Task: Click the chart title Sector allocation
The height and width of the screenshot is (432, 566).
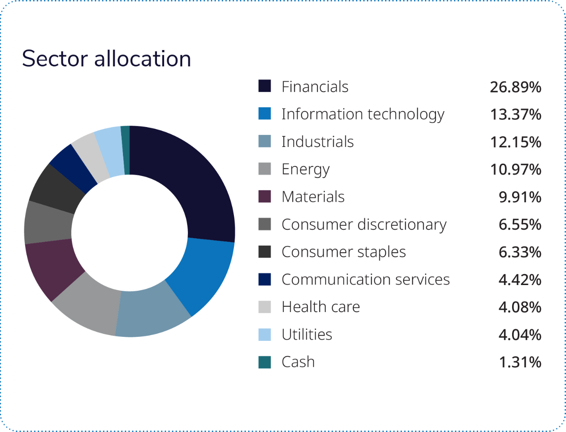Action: click(x=106, y=59)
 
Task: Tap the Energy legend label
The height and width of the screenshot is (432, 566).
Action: click(x=306, y=170)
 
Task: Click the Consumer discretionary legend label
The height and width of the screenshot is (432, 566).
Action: click(x=364, y=224)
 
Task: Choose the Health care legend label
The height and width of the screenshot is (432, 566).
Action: click(x=321, y=307)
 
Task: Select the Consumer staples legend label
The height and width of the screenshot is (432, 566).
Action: click(x=344, y=252)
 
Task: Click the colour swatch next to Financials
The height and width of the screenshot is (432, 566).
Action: click(x=264, y=86)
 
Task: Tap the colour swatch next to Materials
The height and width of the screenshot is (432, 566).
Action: click(x=264, y=197)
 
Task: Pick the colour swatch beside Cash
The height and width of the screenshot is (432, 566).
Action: click(x=264, y=362)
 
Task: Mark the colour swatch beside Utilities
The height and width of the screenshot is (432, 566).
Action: click(x=264, y=334)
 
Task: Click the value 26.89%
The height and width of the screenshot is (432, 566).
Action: click(x=515, y=87)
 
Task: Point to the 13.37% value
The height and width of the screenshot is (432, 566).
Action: click(x=515, y=115)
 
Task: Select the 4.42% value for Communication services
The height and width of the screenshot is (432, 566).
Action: click(x=520, y=280)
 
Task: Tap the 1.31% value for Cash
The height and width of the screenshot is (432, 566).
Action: click(x=520, y=362)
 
